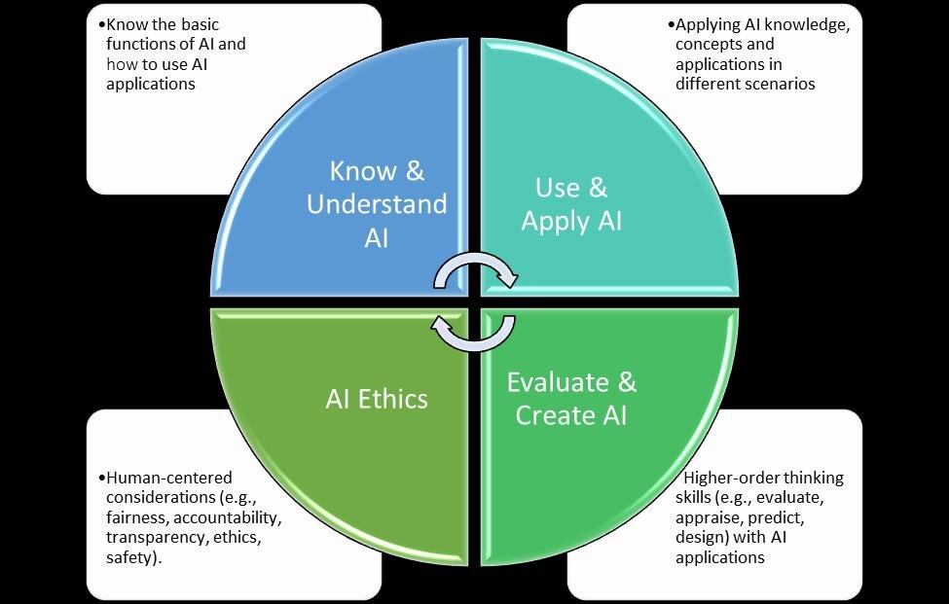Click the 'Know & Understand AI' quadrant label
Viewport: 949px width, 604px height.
(377, 204)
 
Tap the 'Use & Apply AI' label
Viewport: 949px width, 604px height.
(571, 203)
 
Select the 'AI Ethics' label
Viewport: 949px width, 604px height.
(377, 398)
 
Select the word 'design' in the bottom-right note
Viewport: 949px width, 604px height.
(699, 538)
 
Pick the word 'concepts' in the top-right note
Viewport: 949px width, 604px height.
(709, 45)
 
